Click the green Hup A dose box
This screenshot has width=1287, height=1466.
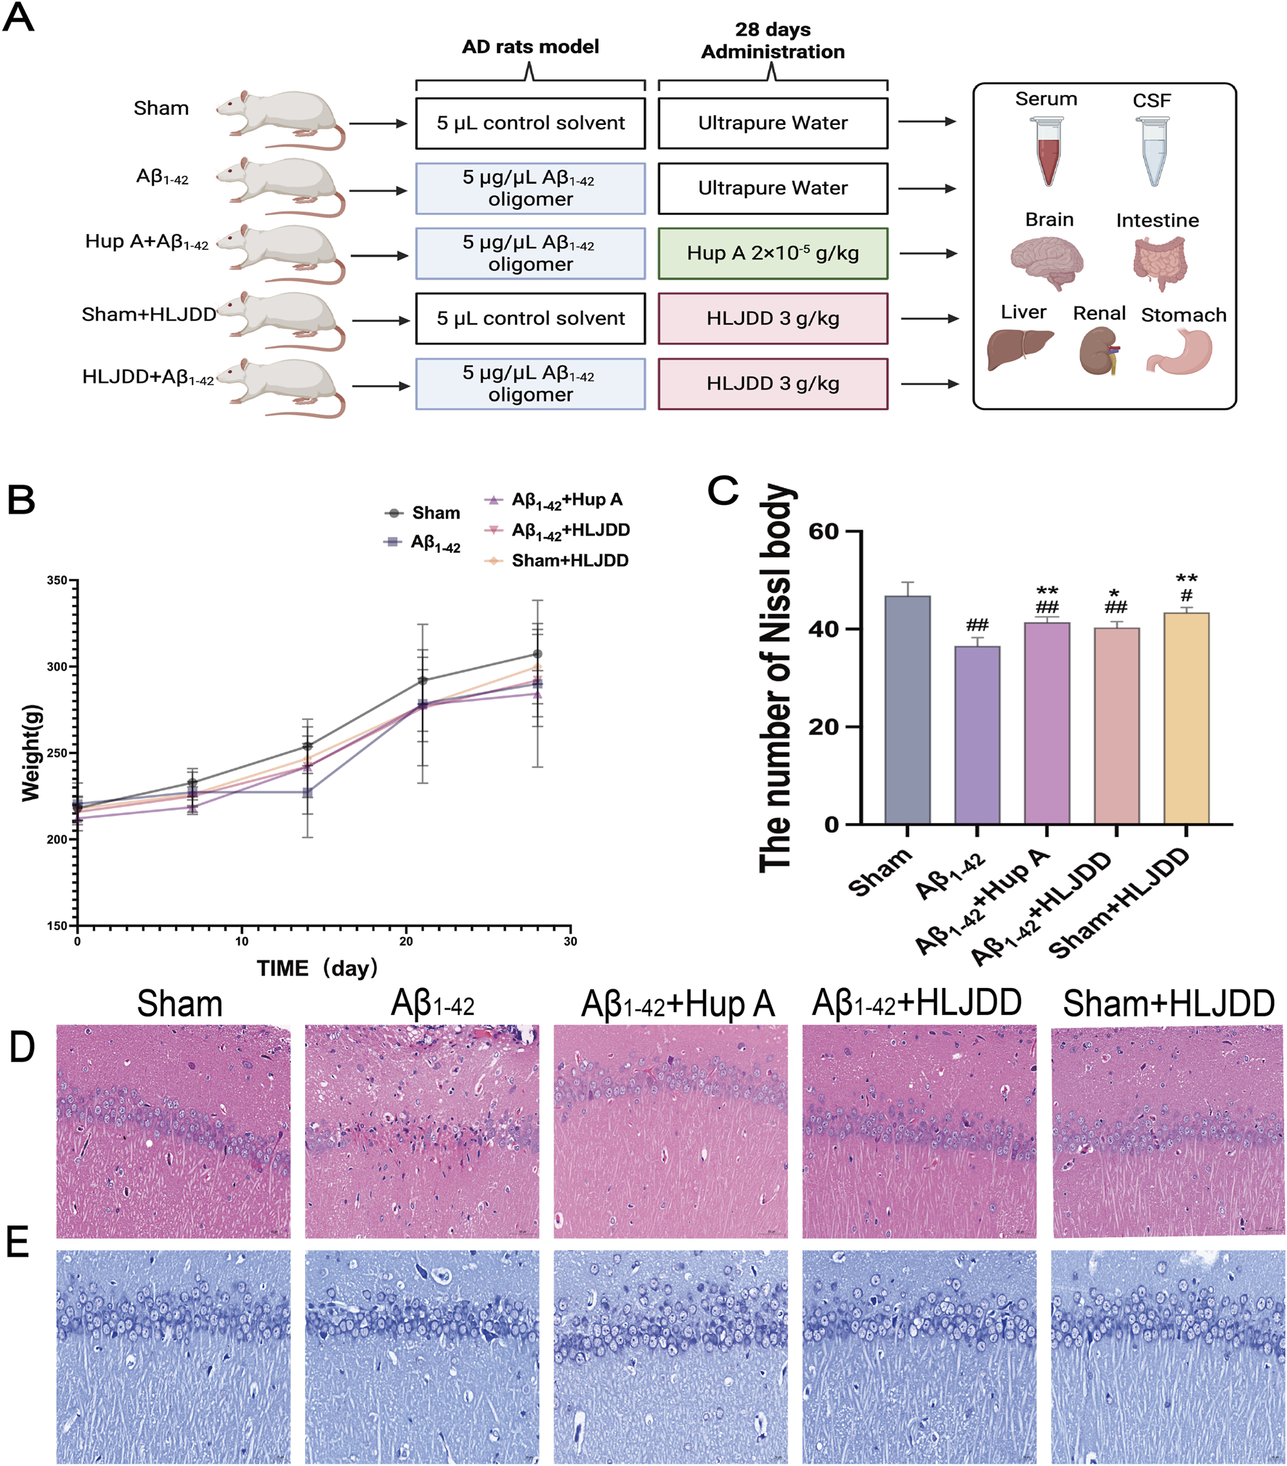[772, 254]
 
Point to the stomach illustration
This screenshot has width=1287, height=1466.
[1181, 352]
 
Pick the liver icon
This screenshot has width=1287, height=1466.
[1019, 349]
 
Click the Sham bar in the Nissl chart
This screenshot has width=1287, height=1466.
[907, 710]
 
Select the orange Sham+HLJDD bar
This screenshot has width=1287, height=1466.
[1186, 718]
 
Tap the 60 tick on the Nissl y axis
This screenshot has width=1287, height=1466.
[823, 532]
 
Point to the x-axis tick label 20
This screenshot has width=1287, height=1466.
[406, 942]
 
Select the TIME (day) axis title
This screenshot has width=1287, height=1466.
[317, 968]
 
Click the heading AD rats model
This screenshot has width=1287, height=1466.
[530, 47]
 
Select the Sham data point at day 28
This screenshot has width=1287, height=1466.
[537, 654]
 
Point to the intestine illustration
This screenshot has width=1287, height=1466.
[1158, 263]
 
